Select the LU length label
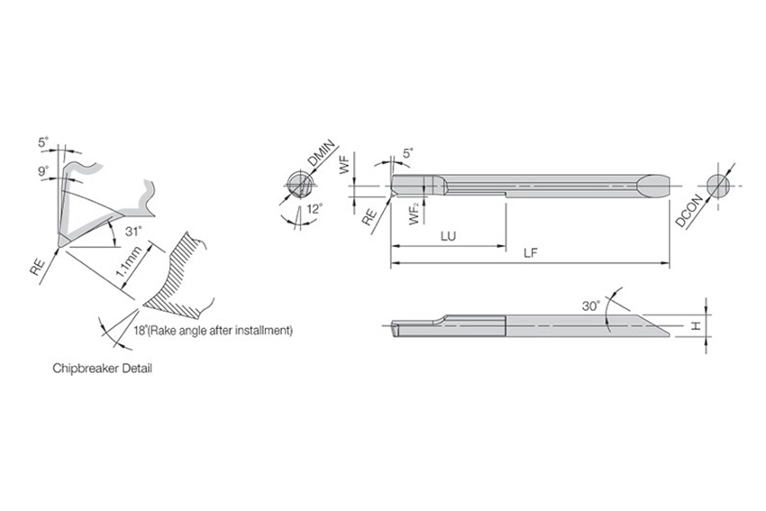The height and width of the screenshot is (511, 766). (448, 235)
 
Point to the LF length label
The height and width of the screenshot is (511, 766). (531, 253)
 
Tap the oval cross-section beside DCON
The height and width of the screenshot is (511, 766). (718, 185)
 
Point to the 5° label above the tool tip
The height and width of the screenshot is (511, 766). (408, 154)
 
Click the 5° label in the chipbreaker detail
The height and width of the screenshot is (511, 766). (43, 141)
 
